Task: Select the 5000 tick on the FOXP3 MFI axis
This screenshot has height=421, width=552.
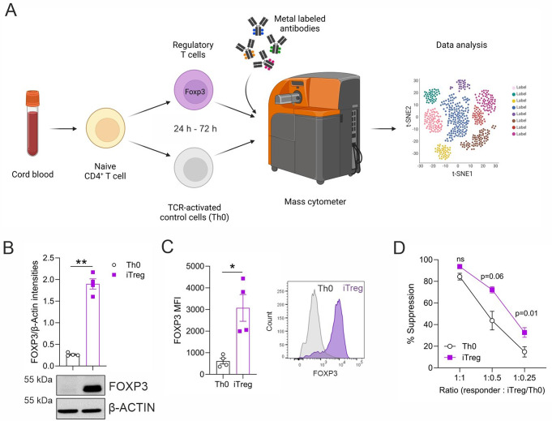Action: tap(191, 264)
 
